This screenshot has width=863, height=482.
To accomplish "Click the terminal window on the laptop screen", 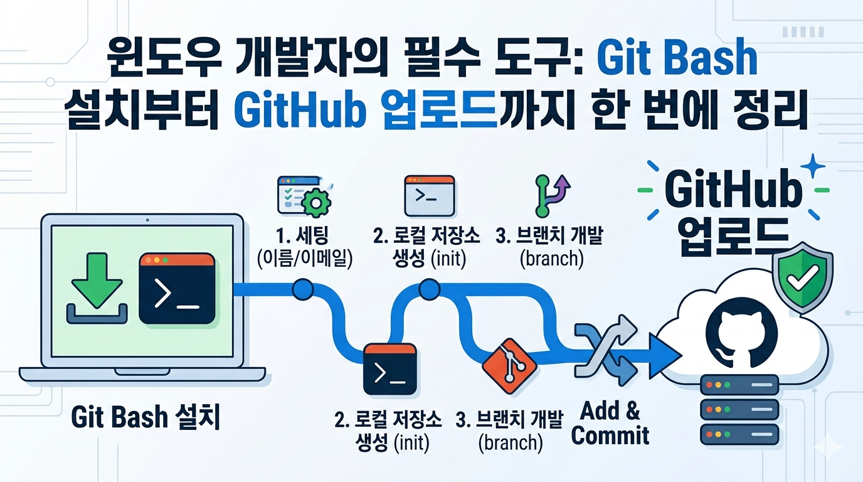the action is (177, 289).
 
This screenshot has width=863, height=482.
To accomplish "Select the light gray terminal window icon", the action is (430, 196).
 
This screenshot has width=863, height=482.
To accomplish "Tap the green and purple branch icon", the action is (552, 196).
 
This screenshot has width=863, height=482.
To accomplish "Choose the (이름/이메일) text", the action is (304, 258).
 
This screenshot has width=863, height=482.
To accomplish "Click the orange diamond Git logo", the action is (509, 367).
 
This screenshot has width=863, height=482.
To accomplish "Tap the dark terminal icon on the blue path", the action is (390, 370).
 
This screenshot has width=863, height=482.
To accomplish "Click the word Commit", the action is (610, 436).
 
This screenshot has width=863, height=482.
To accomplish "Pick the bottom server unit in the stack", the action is (739, 434).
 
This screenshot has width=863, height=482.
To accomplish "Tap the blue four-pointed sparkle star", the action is (813, 166).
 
